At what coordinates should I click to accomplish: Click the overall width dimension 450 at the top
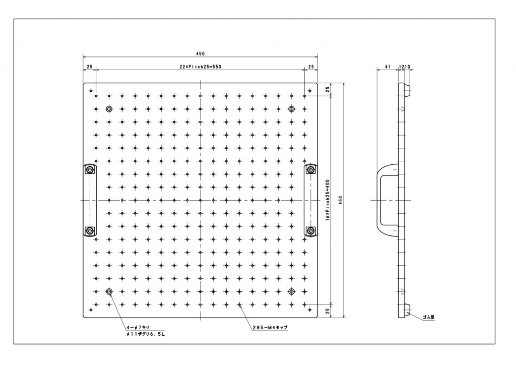pyautogui.click(x=200, y=53)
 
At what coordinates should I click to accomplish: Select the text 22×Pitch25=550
pyautogui.click(x=200, y=67)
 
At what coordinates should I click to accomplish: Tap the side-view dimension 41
pyautogui.click(x=388, y=67)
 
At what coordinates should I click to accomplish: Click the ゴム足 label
pyautogui.click(x=429, y=318)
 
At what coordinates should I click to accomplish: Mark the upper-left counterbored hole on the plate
pyautogui.click(x=109, y=109)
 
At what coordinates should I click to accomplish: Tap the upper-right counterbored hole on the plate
pyautogui.click(x=291, y=109)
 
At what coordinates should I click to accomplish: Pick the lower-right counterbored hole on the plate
pyautogui.click(x=291, y=291)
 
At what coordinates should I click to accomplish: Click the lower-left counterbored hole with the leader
pyautogui.click(x=109, y=291)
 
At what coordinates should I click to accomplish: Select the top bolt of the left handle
pyautogui.click(x=90, y=170)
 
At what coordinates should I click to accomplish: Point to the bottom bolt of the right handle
pyautogui.click(x=310, y=231)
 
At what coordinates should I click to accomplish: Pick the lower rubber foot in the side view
pyautogui.click(x=407, y=310)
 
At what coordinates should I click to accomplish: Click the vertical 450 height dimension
pyautogui.click(x=341, y=201)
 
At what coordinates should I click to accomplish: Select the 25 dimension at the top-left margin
pyautogui.click(x=89, y=67)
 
